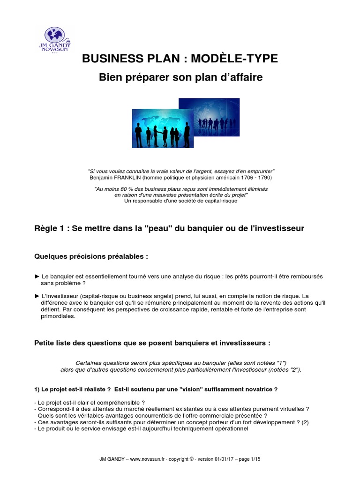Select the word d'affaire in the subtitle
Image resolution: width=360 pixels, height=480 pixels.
pyautogui.click(x=240, y=78)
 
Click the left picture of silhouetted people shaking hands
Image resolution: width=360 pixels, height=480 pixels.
pyautogui.click(x=157, y=128)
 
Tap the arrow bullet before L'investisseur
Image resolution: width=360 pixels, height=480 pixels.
pyautogui.click(x=37, y=296)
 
